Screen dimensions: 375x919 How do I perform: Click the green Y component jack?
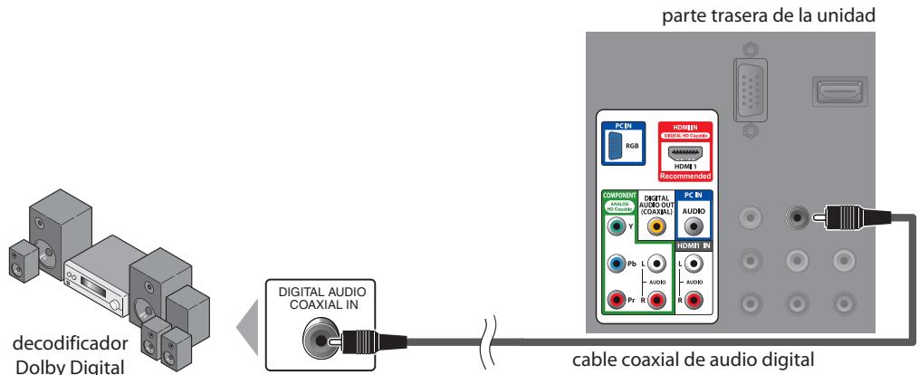click(617, 228)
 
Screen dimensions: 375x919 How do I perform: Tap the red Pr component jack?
click(617, 297)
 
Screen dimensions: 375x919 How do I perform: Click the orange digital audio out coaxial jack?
click(656, 228)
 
